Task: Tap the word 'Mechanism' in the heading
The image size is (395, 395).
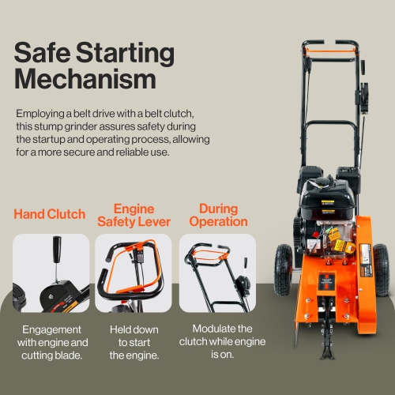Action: pos(82,79)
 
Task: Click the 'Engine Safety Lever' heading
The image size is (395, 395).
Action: pos(134,215)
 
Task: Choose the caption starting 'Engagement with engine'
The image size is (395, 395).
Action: pos(51,341)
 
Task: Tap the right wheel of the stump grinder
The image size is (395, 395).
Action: pos(382,269)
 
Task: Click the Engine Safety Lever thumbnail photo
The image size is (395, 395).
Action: pos(134,273)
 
